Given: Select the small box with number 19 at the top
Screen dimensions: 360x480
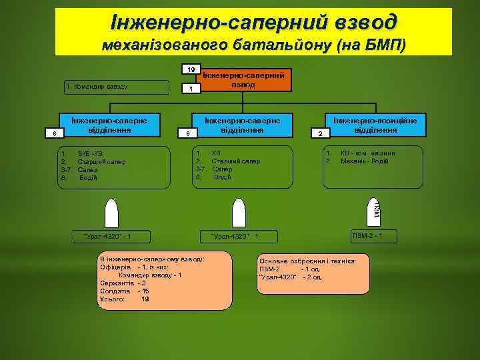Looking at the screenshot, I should tap(191, 69).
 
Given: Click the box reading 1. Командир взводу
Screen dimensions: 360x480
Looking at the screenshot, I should tap(117, 87).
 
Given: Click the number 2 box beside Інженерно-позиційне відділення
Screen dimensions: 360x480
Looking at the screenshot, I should tap(320, 134).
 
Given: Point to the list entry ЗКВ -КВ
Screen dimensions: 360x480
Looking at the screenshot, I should tap(90, 154).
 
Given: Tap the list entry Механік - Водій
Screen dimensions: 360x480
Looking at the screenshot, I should tap(365, 161).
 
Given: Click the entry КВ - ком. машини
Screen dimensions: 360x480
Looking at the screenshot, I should tap(367, 153).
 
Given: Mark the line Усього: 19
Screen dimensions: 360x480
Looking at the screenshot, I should tap(124, 299).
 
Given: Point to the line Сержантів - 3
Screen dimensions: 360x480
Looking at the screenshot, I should tap(123, 283).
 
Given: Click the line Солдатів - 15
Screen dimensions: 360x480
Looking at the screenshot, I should tap(124, 291).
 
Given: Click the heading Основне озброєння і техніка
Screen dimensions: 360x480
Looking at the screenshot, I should tap(307, 261).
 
